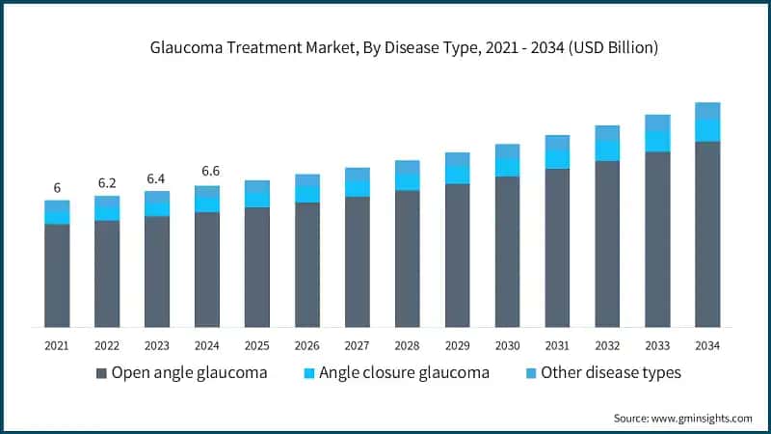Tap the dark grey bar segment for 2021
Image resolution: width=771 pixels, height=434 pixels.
pyautogui.click(x=57, y=275)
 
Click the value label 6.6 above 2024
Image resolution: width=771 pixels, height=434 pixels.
pyautogui.click(x=207, y=172)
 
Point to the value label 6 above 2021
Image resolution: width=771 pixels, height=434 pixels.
pyautogui.click(x=57, y=187)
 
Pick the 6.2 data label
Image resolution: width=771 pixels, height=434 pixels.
pyautogui.click(x=107, y=182)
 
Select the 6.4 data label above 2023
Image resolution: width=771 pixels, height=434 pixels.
pyautogui.click(x=157, y=177)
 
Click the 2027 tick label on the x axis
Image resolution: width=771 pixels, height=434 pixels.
pyautogui.click(x=358, y=345)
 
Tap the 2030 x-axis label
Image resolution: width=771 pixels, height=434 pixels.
pyautogui.click(x=508, y=345)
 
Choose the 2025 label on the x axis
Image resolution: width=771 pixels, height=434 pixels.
pyautogui.click(x=257, y=345)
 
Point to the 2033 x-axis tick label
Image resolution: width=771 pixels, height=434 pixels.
pyautogui.click(x=658, y=345)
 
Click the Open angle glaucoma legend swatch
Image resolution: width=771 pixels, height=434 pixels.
pyautogui.click(x=101, y=373)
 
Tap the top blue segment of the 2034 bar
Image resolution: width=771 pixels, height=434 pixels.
pyautogui.click(x=708, y=111)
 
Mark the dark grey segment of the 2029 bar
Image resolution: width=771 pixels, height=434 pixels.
pyautogui.click(x=458, y=255)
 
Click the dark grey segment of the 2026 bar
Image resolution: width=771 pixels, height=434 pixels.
pyautogui.click(x=307, y=264)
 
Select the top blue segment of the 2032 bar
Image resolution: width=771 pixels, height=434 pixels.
pyautogui.click(x=608, y=133)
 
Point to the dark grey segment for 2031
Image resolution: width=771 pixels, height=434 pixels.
pyautogui.click(x=558, y=247)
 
